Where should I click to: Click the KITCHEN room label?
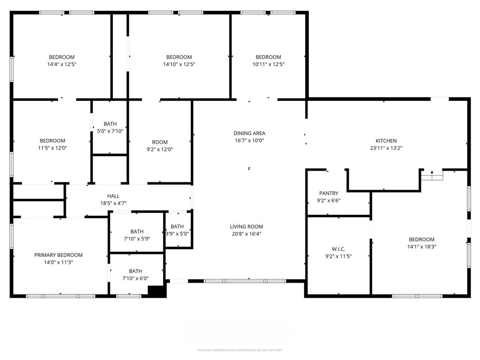point(386,141)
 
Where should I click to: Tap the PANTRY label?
point(329,193)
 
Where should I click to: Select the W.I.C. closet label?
point(338,249)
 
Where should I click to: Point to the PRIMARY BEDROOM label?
point(58,255)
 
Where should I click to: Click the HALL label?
point(113,196)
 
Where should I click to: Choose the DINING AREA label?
point(249,133)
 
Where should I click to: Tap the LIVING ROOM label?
point(246,226)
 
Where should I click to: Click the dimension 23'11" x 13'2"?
point(386,148)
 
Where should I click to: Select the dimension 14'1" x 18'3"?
point(421,247)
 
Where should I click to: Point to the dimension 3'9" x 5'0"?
point(177,234)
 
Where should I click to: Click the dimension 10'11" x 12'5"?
point(268,64)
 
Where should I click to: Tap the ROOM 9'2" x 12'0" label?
point(159,142)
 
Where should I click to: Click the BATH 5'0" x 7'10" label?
point(110,124)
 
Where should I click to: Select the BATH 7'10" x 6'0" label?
point(135,271)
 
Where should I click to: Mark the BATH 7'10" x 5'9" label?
point(137,232)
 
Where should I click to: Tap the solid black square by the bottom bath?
point(157,291)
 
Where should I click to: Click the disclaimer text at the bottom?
point(240,350)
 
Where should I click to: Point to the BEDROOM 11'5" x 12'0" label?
point(52,141)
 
